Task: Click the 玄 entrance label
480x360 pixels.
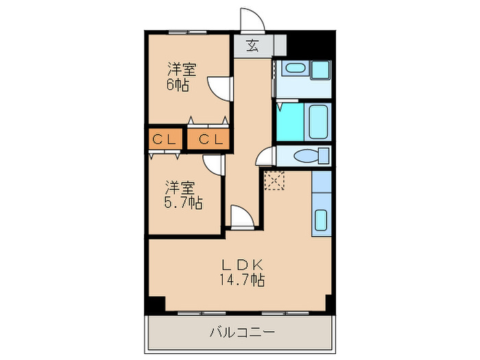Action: coord(252,46)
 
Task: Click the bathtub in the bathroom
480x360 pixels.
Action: coord(319,121)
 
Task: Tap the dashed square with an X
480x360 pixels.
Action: coord(274,181)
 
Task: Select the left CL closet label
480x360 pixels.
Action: coord(165,139)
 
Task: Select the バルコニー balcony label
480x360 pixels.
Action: coord(241,333)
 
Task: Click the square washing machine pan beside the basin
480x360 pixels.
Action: coord(320,70)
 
